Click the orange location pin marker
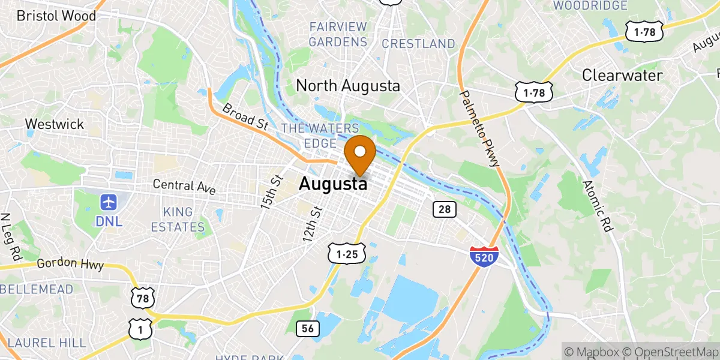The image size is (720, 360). (x=361, y=153)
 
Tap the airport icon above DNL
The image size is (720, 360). (x=109, y=202)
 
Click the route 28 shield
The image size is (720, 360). (x=445, y=209)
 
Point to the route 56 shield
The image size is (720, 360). (x=308, y=328)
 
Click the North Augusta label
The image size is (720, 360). (x=348, y=86)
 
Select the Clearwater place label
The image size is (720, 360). (x=623, y=76)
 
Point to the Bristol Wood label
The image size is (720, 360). (x=56, y=16)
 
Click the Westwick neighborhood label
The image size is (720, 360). (x=54, y=124)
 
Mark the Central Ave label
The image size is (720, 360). (x=184, y=185)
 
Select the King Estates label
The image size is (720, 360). (x=178, y=220)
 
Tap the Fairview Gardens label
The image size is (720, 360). (x=338, y=34)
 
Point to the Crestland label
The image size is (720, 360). (x=418, y=44)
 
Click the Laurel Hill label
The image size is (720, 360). (x=47, y=343)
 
